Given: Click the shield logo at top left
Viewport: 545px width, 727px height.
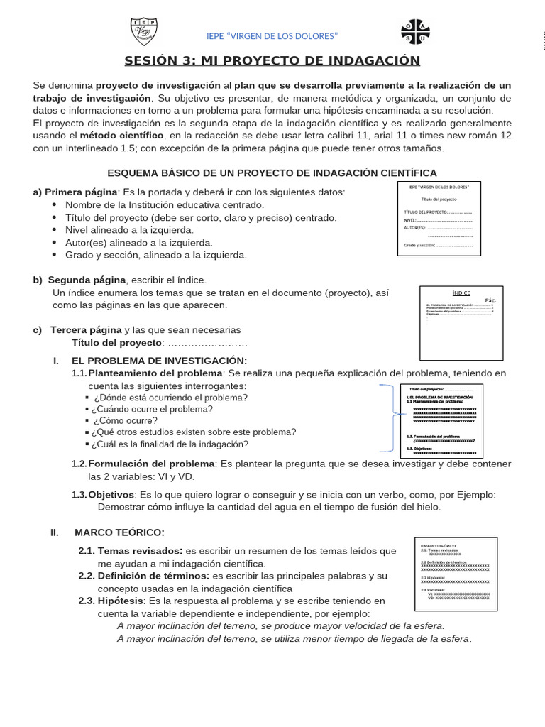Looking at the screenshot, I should pyautogui.click(x=144, y=33).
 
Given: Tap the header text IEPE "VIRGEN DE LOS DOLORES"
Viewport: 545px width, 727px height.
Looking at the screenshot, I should pyautogui.click(x=272, y=35).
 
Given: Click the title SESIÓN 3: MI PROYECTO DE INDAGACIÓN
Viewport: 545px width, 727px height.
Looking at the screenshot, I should pyautogui.click(x=272, y=60).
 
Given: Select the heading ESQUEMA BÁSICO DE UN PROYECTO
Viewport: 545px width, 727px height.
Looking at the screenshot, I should pyautogui.click(x=272, y=173).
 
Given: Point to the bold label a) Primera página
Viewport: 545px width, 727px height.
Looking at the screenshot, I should pyautogui.click(x=75, y=192).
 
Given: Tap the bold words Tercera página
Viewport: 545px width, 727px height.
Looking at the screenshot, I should pyautogui.click(x=86, y=329).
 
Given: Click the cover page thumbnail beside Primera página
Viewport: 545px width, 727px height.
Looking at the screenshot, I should pyautogui.click(x=439, y=218).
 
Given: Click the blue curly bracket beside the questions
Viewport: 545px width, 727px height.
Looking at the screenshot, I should pyautogui.click(x=388, y=418).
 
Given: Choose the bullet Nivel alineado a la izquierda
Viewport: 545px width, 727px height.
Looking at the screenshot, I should pyautogui.click(x=129, y=230).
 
